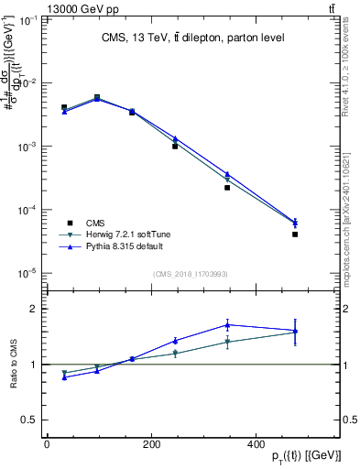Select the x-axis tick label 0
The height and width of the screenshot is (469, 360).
click(x=47, y=444)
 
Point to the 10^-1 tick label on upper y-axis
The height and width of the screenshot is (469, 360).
click(x=27, y=19)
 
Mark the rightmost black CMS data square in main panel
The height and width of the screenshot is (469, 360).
click(x=295, y=234)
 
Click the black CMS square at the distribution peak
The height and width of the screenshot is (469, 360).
click(x=97, y=97)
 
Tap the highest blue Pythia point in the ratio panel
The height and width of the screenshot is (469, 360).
click(x=227, y=324)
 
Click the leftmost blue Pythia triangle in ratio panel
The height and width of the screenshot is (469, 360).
click(x=64, y=376)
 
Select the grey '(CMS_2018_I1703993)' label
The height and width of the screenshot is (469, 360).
click(x=190, y=273)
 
